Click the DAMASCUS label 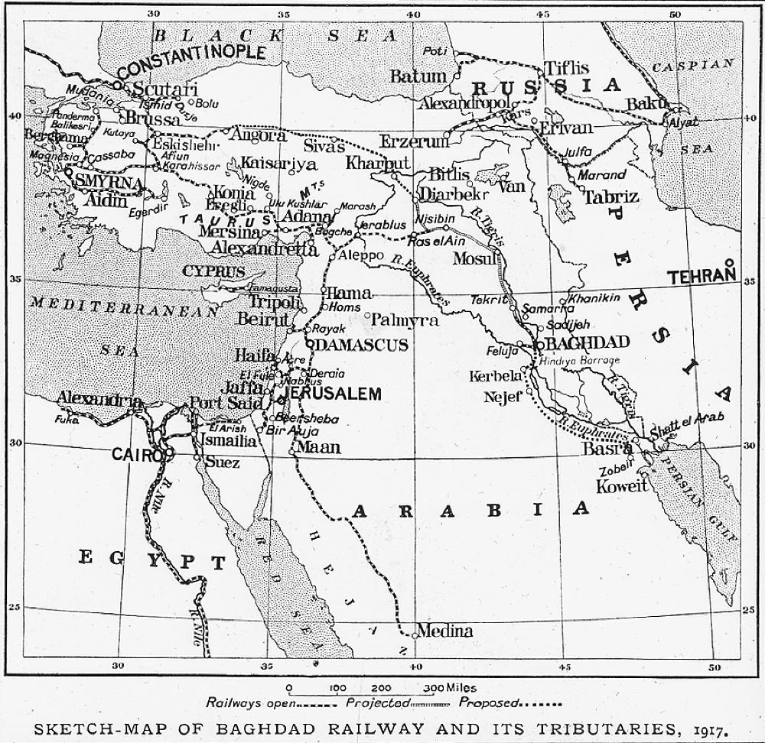click(x=361, y=346)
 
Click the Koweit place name click(x=622, y=486)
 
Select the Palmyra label click(x=404, y=320)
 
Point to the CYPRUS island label click(x=213, y=271)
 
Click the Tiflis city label click(x=566, y=67)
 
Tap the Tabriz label click(x=610, y=197)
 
